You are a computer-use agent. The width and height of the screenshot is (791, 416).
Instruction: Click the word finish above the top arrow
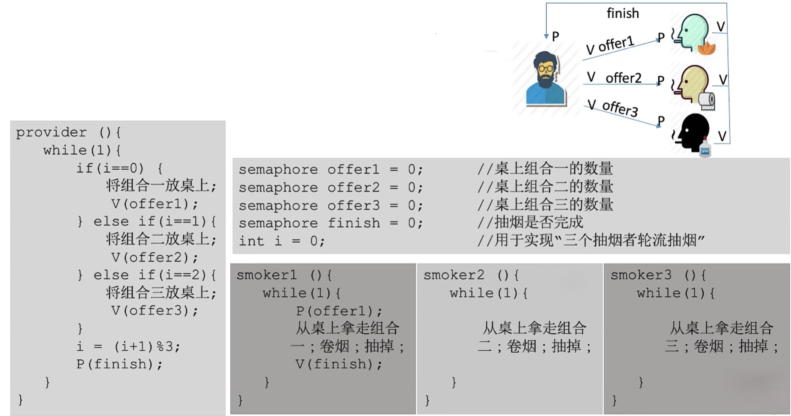[622, 13]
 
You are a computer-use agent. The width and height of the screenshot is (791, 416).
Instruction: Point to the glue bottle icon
[705, 148]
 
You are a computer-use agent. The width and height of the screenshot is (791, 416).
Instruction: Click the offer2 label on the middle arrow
[623, 78]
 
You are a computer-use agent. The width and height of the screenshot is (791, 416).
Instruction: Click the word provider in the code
[51, 132]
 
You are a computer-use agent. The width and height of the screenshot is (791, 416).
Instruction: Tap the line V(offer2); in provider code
[154, 257]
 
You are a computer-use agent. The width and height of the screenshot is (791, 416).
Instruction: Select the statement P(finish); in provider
[119, 364]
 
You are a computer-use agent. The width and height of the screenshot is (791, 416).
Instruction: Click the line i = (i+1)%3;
[128, 346]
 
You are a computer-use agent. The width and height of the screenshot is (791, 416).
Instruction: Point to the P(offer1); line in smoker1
[339, 311]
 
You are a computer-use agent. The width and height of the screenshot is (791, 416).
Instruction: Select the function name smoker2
[454, 275]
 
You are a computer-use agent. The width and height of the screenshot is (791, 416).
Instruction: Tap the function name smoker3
[641, 275]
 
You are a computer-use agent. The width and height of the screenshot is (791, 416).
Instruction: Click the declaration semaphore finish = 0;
[330, 223]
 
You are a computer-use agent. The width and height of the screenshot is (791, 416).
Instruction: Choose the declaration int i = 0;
[281, 241]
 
